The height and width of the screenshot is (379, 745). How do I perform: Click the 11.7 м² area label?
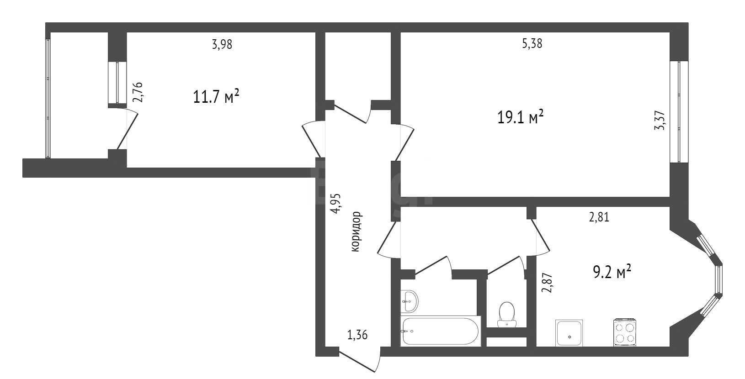point(216,97)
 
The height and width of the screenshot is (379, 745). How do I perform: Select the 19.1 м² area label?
point(521,118)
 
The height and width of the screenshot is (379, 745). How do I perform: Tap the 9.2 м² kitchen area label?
point(612,272)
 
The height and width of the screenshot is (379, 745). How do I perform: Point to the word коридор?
point(356,232)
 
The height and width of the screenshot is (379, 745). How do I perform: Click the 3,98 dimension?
point(222,44)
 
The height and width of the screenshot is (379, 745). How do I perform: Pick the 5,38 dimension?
point(532,44)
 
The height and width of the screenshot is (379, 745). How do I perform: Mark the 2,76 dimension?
point(138,92)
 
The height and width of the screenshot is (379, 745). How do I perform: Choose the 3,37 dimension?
point(660,120)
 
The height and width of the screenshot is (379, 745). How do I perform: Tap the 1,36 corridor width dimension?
point(357,335)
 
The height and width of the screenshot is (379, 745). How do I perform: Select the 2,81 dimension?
point(599,217)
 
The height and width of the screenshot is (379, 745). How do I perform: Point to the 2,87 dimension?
point(547,283)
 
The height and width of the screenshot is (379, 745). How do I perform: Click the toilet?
point(506,314)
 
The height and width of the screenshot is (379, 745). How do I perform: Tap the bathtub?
point(441,331)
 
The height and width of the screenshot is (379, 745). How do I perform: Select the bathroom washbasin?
point(409,301)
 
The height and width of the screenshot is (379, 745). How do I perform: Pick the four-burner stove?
point(625,332)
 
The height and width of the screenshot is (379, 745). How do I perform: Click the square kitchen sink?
point(569,333)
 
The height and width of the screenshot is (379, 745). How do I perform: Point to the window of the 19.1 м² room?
point(678,112)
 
